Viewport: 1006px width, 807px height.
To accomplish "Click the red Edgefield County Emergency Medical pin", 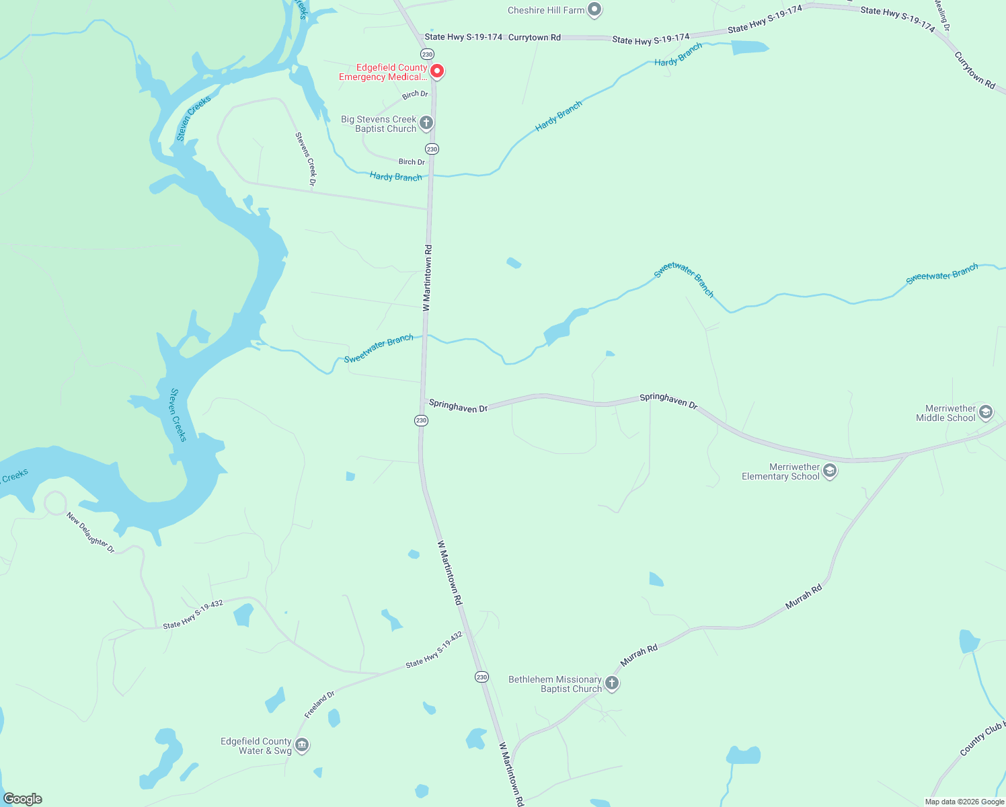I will [x=436, y=71].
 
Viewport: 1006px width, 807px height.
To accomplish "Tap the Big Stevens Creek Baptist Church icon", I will [x=426, y=123].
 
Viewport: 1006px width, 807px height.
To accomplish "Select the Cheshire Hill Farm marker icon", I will [x=594, y=9].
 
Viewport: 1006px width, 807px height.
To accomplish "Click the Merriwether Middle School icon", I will [x=986, y=412].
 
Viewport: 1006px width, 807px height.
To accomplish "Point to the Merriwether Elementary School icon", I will [x=830, y=471].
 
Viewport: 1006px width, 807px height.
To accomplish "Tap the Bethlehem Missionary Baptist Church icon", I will [x=612, y=683].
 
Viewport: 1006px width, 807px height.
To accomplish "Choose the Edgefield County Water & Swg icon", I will [x=302, y=745].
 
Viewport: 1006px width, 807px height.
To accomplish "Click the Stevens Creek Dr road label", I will [x=306, y=159].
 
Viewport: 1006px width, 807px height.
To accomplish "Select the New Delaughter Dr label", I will [x=91, y=533].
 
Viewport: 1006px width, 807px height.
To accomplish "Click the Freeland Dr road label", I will [x=319, y=704].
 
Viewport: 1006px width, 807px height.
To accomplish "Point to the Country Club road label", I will [x=981, y=739].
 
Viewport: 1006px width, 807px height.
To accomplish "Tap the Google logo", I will [x=23, y=799].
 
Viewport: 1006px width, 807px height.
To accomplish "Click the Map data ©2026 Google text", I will [x=964, y=802].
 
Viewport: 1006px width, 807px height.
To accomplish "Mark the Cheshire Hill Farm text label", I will [x=546, y=10].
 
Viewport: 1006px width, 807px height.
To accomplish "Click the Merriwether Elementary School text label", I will [x=781, y=471].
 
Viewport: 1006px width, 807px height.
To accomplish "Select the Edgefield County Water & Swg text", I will [x=256, y=746].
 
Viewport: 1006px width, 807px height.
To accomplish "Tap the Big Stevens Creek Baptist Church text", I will [x=379, y=124].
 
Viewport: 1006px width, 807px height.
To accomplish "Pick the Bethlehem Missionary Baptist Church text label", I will [x=555, y=684].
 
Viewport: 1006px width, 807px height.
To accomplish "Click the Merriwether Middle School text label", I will [x=945, y=413].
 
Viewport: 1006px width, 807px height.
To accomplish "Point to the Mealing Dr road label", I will [x=942, y=15].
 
